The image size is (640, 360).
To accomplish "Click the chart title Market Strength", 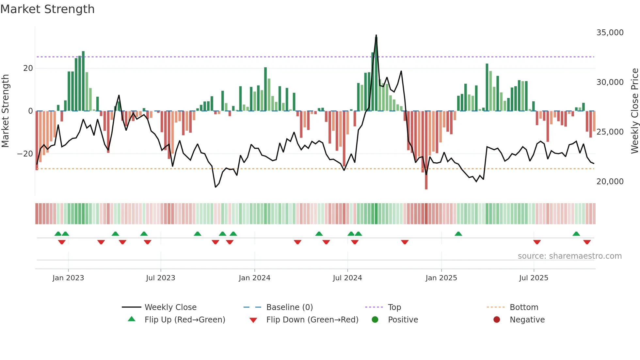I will [47, 9].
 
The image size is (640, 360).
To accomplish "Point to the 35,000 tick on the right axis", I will [610, 33].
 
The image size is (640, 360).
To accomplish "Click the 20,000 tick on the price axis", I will [610, 182].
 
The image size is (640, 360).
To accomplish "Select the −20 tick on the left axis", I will [25, 154].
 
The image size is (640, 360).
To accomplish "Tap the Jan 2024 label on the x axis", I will [254, 278].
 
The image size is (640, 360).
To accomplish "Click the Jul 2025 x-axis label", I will [534, 278].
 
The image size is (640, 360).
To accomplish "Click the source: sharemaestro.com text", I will [569, 256].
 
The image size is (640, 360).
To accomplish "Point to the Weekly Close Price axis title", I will [634, 111].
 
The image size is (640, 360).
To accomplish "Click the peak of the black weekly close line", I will [376, 35].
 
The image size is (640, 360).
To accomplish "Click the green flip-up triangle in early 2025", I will [458, 234].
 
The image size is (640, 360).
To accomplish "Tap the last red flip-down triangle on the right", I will [587, 242].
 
